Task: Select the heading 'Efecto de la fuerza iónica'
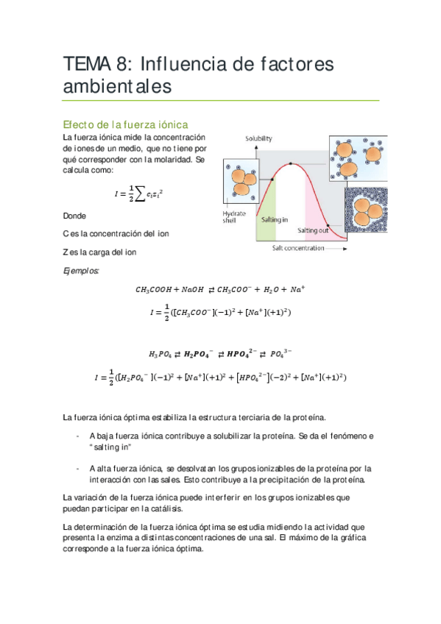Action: coord(126,124)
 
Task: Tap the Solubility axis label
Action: coord(258,138)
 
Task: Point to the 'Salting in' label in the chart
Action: coord(274,219)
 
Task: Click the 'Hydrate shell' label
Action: coord(233,218)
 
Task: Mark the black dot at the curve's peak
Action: coord(292,163)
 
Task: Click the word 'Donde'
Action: coord(74,216)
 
